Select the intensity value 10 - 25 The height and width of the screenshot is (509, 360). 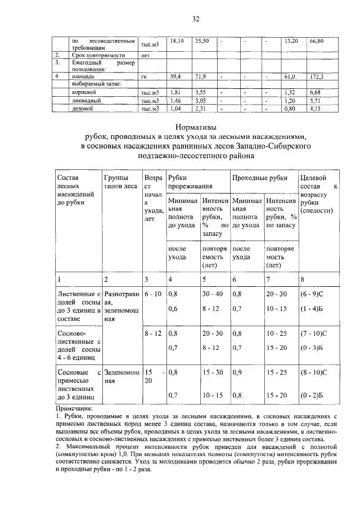click(276, 333)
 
